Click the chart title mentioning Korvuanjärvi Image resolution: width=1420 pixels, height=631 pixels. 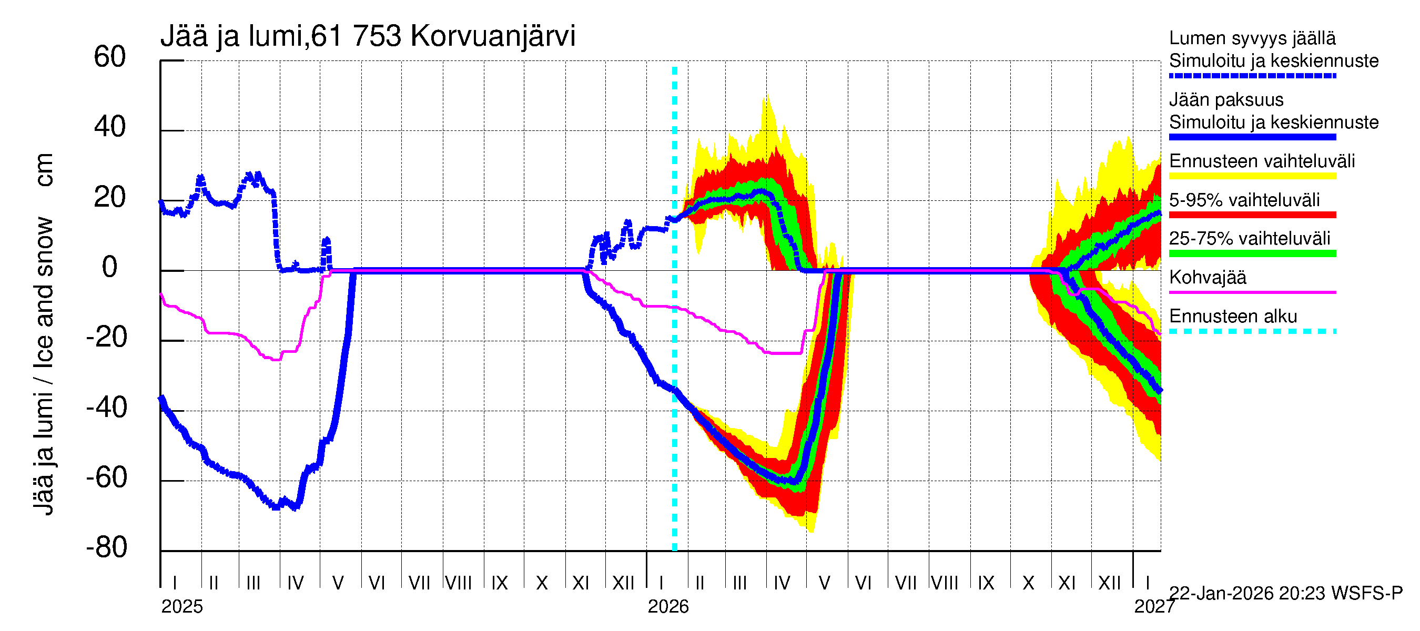click(x=368, y=36)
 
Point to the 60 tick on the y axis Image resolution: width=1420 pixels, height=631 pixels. click(x=110, y=57)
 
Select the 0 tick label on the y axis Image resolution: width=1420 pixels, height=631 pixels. click(x=110, y=267)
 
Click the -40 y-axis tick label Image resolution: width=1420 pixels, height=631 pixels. click(x=106, y=408)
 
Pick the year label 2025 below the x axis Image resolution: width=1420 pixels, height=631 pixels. click(x=182, y=607)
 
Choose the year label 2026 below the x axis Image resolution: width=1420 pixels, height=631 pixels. click(x=668, y=607)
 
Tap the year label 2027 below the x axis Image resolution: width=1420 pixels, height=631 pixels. click(x=1154, y=607)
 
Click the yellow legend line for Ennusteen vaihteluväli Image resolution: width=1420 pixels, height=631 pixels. click(x=1252, y=176)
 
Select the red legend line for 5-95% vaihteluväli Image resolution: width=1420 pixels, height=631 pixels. click(x=1252, y=215)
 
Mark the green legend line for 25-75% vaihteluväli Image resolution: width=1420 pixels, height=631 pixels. click(x=1252, y=253)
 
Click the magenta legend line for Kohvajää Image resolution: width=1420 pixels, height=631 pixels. click(x=1252, y=292)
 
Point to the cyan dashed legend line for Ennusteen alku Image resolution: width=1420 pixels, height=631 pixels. click(x=1252, y=331)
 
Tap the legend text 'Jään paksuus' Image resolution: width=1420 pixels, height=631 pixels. click(x=1226, y=100)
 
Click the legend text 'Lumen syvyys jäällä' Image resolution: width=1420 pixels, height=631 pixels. click(x=1252, y=38)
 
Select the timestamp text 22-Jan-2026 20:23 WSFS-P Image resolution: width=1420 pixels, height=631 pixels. click(x=1285, y=593)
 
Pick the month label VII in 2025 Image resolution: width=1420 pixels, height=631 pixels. click(x=419, y=583)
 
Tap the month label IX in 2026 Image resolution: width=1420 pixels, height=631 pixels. click(x=986, y=583)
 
